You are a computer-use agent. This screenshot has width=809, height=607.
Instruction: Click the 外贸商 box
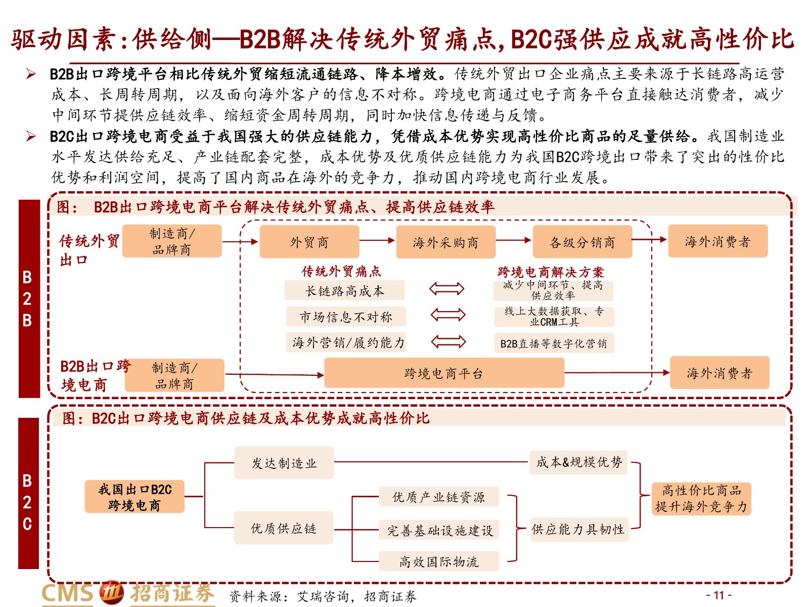click(309, 241)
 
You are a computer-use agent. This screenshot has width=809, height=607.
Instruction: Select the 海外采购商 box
click(445, 242)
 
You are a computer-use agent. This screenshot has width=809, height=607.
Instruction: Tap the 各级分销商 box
click(582, 242)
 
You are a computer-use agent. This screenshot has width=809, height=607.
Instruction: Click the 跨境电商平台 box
click(444, 373)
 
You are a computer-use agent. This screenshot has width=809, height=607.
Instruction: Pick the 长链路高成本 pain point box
click(345, 290)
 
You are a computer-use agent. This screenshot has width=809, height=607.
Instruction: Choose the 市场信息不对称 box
click(346, 316)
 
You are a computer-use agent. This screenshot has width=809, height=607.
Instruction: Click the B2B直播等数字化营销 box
click(554, 343)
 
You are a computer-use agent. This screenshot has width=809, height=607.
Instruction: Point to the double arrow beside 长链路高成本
click(446, 288)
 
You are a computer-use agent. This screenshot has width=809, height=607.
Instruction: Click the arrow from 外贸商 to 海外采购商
click(377, 240)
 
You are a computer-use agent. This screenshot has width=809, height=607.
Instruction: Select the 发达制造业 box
click(284, 462)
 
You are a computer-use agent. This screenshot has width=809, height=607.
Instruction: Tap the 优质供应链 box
click(284, 528)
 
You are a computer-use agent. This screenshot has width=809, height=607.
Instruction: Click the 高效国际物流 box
click(438, 561)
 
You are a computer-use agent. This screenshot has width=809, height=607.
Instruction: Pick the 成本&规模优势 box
click(578, 462)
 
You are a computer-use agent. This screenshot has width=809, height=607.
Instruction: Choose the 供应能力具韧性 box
click(579, 529)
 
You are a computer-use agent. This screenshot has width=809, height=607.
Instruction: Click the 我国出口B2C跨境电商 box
click(134, 496)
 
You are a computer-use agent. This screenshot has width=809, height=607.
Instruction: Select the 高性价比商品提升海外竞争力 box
click(701, 498)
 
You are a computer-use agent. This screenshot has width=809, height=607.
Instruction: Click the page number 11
click(718, 595)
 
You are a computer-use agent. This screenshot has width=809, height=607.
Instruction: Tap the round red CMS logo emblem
click(111, 593)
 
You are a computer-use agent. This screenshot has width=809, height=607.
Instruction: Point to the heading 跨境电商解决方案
click(551, 272)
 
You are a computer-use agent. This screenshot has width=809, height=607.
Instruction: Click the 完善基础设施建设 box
click(438, 530)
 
